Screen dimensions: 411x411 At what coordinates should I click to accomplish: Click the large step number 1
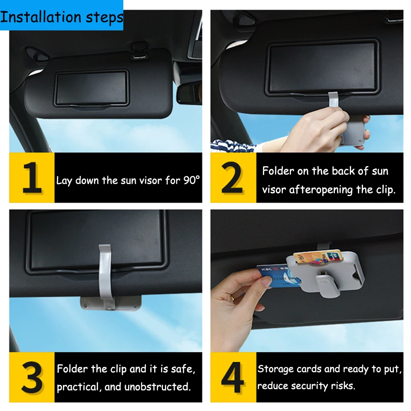click(32, 177)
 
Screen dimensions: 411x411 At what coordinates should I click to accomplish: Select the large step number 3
click(32, 378)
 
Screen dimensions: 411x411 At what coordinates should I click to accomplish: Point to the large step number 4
click(232, 378)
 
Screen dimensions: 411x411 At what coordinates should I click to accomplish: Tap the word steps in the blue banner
click(104, 18)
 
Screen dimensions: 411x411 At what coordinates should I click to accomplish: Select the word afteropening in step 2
click(321, 190)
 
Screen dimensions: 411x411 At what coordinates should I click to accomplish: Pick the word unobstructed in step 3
click(157, 387)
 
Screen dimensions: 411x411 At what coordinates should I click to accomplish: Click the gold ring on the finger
click(232, 297)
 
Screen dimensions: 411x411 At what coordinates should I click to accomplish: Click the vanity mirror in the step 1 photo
click(91, 88)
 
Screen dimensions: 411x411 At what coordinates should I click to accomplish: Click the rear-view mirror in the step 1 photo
click(189, 92)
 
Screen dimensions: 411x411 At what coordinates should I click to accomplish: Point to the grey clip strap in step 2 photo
click(333, 100)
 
